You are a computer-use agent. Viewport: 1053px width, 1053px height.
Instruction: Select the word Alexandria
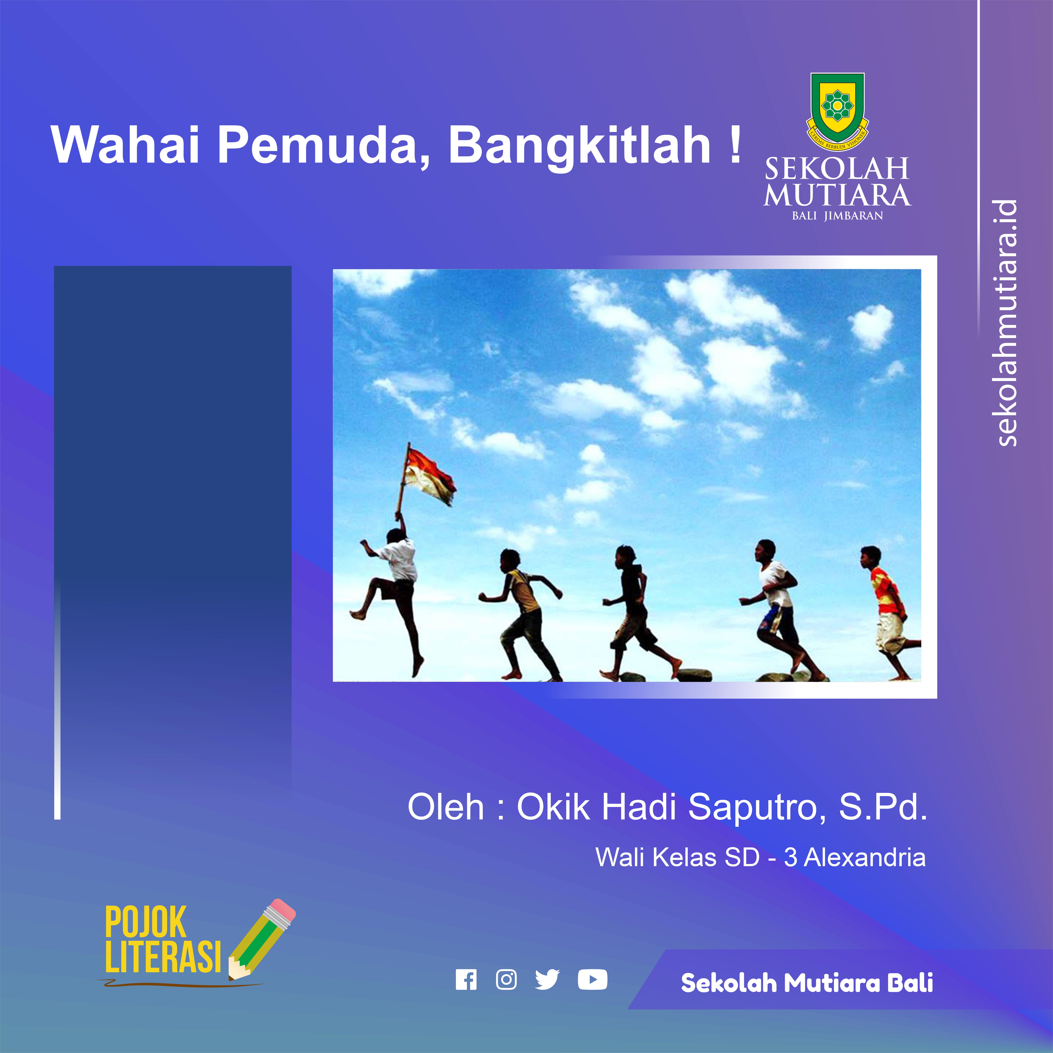pos(865,857)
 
